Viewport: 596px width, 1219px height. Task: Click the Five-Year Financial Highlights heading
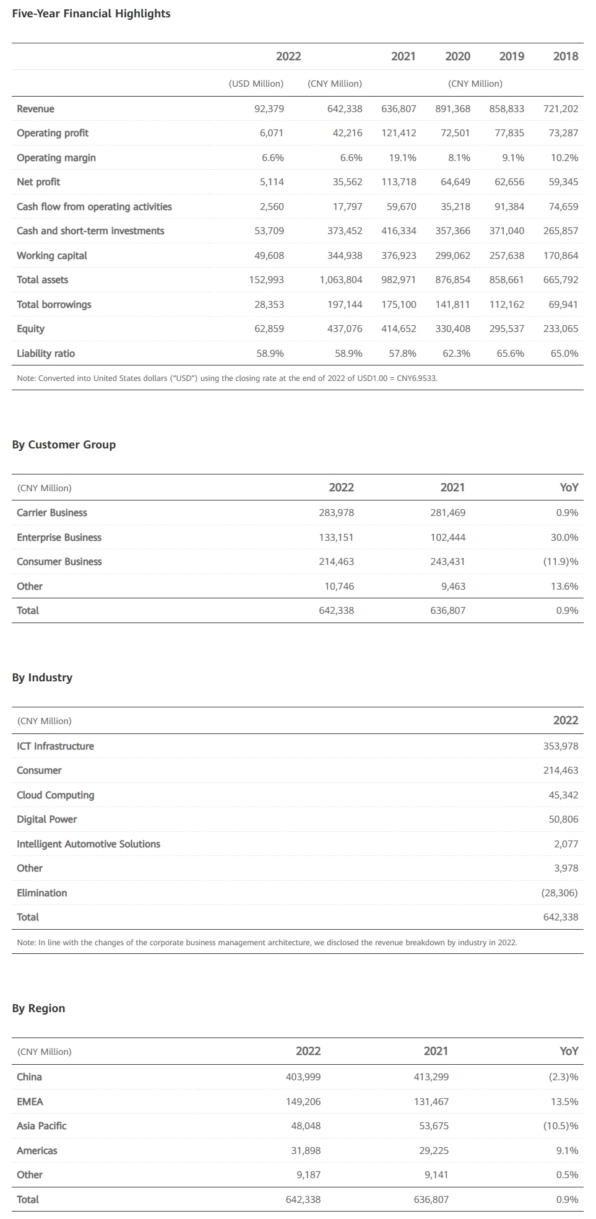click(91, 14)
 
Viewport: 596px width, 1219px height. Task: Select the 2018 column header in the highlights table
click(565, 56)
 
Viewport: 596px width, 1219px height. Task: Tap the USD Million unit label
click(256, 84)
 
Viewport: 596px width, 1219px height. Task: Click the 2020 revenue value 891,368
click(452, 109)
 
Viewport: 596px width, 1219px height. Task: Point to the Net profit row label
click(38, 182)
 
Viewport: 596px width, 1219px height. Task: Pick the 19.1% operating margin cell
click(402, 158)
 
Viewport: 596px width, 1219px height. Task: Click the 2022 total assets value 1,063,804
click(340, 280)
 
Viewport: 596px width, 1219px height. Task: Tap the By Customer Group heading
click(64, 445)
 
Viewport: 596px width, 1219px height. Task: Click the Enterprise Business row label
click(59, 538)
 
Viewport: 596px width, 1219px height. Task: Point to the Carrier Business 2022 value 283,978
click(336, 513)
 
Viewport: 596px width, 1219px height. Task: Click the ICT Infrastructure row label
click(55, 746)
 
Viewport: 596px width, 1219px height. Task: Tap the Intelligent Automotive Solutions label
click(88, 844)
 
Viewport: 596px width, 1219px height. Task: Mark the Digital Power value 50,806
click(563, 819)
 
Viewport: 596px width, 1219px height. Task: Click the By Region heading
click(38, 1008)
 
